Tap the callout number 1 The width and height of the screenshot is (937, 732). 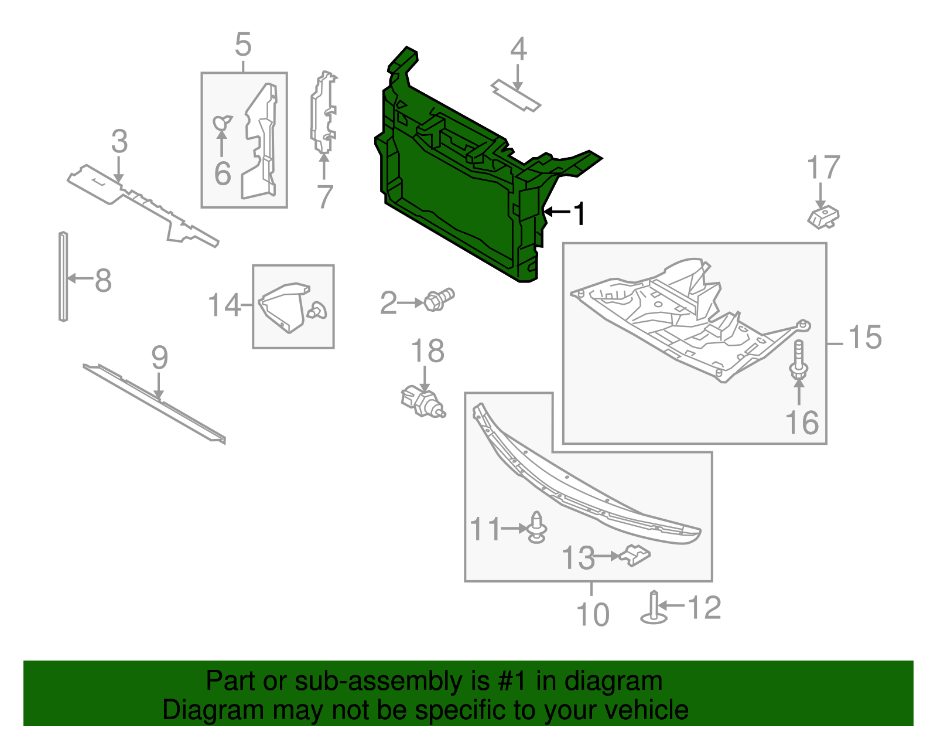click(579, 214)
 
